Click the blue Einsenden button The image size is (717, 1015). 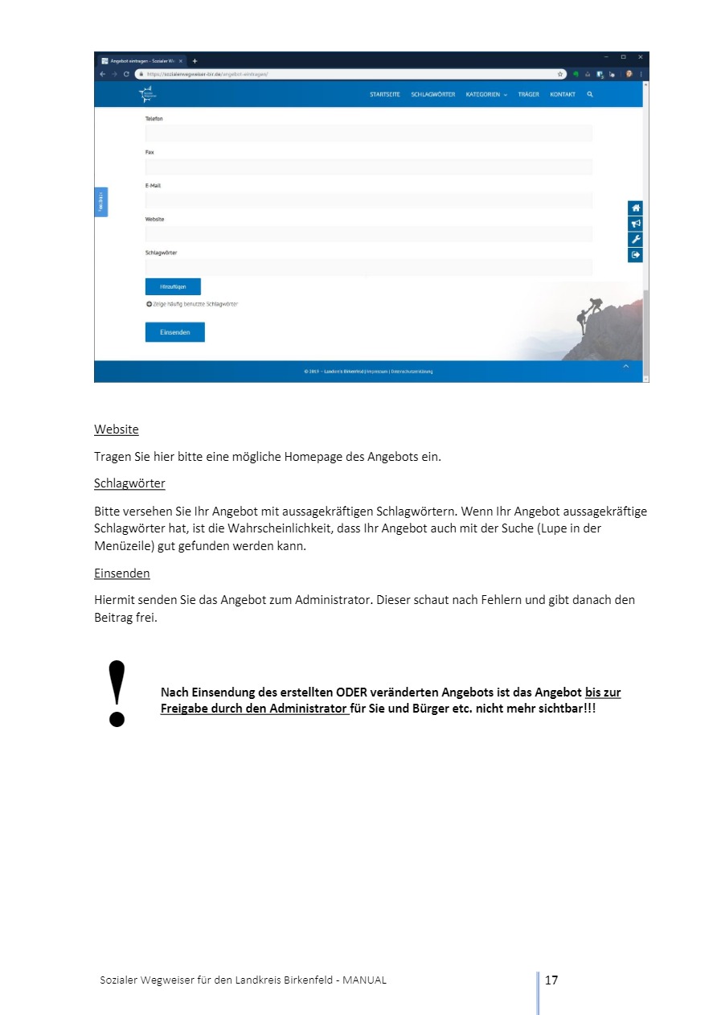(x=174, y=332)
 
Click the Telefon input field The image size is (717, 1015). (x=368, y=134)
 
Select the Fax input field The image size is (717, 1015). (x=368, y=167)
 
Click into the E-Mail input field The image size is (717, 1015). (x=368, y=200)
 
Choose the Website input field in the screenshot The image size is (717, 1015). (x=368, y=234)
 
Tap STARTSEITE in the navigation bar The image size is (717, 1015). (x=384, y=95)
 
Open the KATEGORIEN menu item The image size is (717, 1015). (x=486, y=95)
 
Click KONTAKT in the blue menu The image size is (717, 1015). (x=563, y=95)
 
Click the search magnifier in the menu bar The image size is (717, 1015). (x=590, y=95)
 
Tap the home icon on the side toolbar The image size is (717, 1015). (x=635, y=208)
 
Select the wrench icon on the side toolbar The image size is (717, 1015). (x=635, y=240)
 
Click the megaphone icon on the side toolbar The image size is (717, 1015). (x=635, y=224)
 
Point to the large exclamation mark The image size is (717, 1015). (x=117, y=693)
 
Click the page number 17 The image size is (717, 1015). (x=551, y=980)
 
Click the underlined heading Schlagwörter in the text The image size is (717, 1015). (x=129, y=483)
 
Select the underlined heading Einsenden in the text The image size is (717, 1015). (x=121, y=573)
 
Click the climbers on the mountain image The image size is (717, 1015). (x=589, y=314)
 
